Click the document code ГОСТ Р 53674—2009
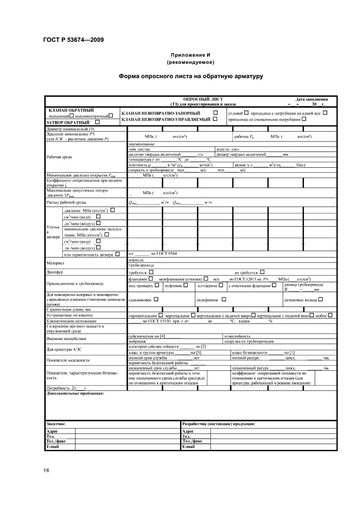point(73,40)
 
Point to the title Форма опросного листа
point(190,76)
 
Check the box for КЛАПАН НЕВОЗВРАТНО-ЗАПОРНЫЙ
point(208,113)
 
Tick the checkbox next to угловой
point(246,113)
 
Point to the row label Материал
point(56,263)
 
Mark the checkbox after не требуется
point(262,272)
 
